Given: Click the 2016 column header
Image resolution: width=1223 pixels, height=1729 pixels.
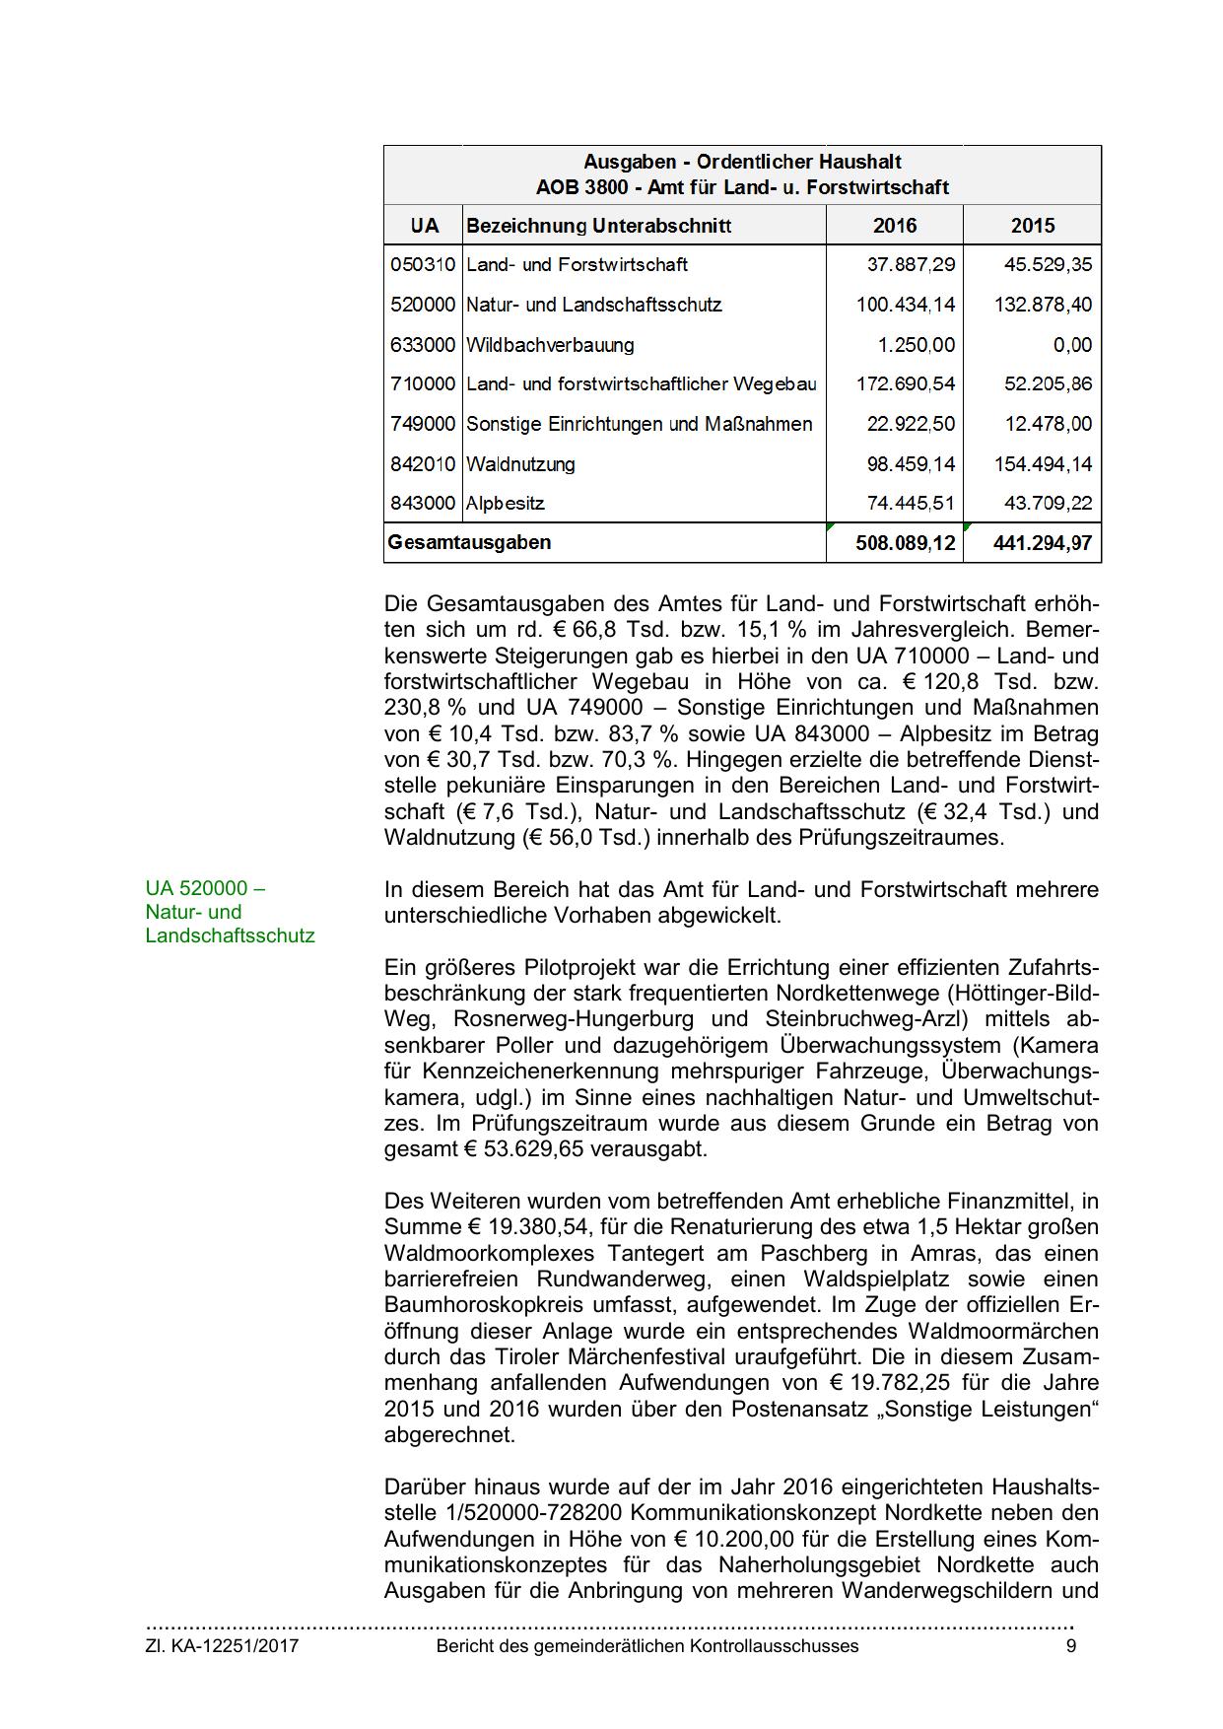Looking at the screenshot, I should [894, 226].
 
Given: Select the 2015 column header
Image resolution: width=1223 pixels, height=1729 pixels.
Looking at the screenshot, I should [1032, 226].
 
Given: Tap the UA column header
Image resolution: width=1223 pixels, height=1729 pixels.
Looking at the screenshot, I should [424, 226].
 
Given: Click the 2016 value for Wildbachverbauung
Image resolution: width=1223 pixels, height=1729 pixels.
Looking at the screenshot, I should [916, 345].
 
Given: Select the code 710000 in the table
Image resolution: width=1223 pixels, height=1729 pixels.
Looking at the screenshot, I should [423, 383].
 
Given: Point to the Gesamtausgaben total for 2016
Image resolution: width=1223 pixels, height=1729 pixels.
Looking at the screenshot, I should [905, 543].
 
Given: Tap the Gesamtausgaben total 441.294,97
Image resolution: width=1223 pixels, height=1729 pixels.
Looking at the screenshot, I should [1043, 543].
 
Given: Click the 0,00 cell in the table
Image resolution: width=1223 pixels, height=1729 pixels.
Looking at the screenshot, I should [1071, 345].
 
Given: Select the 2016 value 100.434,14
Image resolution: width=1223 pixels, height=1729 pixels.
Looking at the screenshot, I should [905, 305].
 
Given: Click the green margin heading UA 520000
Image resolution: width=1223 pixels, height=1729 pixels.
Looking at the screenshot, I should [205, 888].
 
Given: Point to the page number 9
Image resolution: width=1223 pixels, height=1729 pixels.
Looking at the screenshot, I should [1071, 1645].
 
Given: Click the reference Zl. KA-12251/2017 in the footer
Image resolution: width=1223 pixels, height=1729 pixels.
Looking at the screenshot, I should [222, 1645].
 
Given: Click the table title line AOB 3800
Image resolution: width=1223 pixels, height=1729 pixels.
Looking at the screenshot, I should [742, 186].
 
